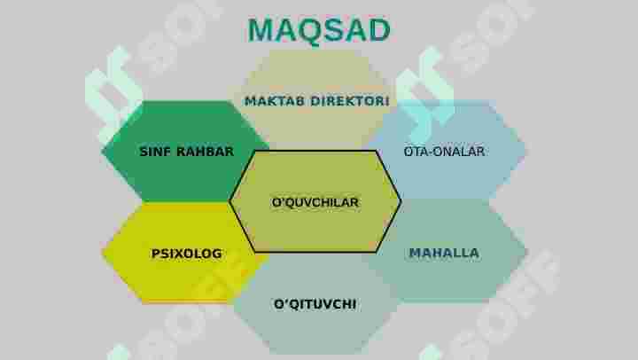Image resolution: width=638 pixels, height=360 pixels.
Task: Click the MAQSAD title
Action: pyautogui.click(x=319, y=30)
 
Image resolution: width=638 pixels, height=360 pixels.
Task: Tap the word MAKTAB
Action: pyautogui.click(x=275, y=101)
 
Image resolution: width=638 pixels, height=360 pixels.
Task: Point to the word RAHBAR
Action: pyautogui.click(x=206, y=152)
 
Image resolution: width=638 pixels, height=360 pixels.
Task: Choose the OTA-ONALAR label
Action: pyautogui.click(x=444, y=152)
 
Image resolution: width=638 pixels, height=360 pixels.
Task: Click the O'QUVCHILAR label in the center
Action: pyautogui.click(x=315, y=202)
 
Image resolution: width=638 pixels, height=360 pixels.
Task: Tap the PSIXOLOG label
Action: pyautogui.click(x=187, y=254)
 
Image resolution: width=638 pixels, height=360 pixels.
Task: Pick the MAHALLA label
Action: pyautogui.click(x=444, y=253)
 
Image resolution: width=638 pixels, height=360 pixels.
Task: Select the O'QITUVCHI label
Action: pyautogui.click(x=315, y=304)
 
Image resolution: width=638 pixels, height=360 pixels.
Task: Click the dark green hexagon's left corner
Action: pyautogui.click(x=102, y=152)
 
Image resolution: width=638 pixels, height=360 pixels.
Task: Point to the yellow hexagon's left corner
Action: pyautogui.click(x=103, y=253)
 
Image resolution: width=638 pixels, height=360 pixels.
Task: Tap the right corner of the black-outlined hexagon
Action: pyautogui.click(x=401, y=201)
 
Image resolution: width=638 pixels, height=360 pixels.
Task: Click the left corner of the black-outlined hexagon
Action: pyautogui.click(x=230, y=201)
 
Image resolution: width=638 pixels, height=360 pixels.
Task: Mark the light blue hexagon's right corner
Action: pyautogui.click(x=525, y=151)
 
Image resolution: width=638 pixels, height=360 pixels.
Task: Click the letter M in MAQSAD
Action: pyautogui.click(x=261, y=30)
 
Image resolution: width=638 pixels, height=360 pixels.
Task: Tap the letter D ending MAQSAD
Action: pyautogui.click(x=379, y=30)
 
